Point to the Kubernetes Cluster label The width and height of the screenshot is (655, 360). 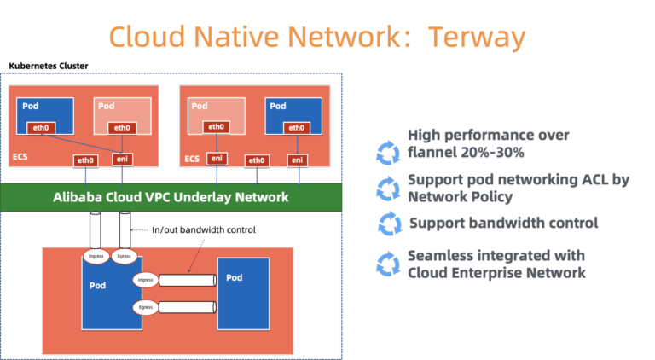(49, 66)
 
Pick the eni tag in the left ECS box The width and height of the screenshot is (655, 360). (122, 160)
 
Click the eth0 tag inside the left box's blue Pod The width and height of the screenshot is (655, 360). (39, 128)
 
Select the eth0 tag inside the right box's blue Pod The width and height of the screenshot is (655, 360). (295, 128)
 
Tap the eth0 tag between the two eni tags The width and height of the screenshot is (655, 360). (255, 160)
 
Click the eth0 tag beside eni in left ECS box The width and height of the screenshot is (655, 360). (85, 160)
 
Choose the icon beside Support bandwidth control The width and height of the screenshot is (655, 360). (389, 224)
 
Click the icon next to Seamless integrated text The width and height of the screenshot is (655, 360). (389, 264)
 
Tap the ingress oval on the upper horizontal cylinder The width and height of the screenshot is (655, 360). (147, 280)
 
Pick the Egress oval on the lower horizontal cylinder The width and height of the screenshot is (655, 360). (147, 308)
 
